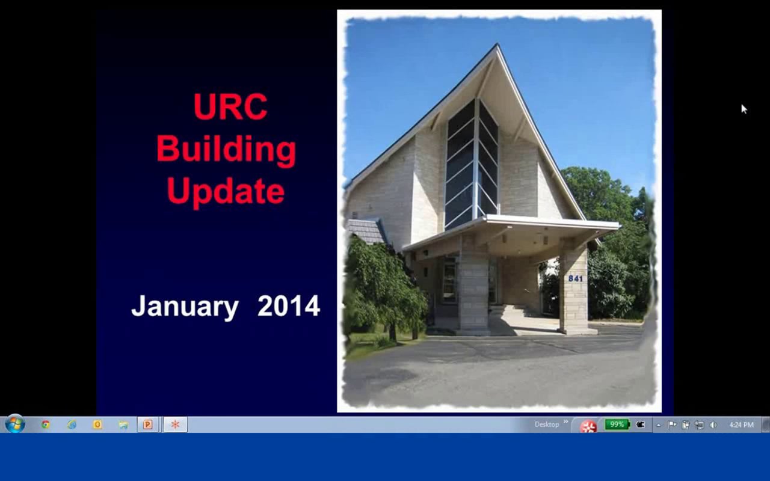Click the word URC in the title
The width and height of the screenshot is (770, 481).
[230, 107]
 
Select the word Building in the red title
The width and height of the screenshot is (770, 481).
[226, 150]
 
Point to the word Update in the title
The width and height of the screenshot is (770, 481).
[226, 191]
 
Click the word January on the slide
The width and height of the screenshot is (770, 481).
[185, 306]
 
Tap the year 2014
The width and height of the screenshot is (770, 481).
[289, 306]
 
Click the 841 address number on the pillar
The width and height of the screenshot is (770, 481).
[575, 278]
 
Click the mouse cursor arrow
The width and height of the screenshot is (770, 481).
[744, 108]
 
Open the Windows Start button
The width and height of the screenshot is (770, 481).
[14, 424]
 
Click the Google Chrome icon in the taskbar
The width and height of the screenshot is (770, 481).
[46, 424]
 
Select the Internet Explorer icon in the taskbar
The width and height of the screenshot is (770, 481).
[72, 424]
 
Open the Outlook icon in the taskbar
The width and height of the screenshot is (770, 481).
[97, 424]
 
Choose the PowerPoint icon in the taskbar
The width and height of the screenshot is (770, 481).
[147, 424]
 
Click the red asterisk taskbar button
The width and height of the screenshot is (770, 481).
[175, 424]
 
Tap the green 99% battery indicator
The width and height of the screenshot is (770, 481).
[617, 424]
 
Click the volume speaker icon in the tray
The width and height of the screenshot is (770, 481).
[713, 425]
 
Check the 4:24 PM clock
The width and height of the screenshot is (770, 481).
[741, 425]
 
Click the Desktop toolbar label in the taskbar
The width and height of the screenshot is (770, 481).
[546, 424]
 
